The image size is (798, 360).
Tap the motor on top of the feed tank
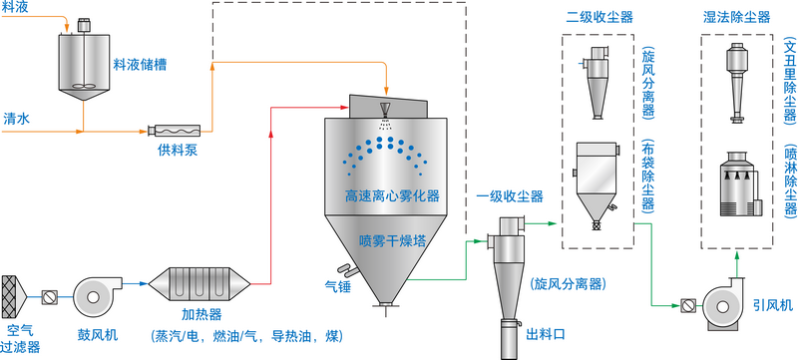83,25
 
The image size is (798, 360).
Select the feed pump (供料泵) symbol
174,131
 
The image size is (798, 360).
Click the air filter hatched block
13,294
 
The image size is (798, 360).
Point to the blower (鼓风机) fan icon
97,294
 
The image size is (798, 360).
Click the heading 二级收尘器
599,18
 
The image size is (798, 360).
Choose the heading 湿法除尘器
736,18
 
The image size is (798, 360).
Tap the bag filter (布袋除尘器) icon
596,186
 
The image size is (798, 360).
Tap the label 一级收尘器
510,196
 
